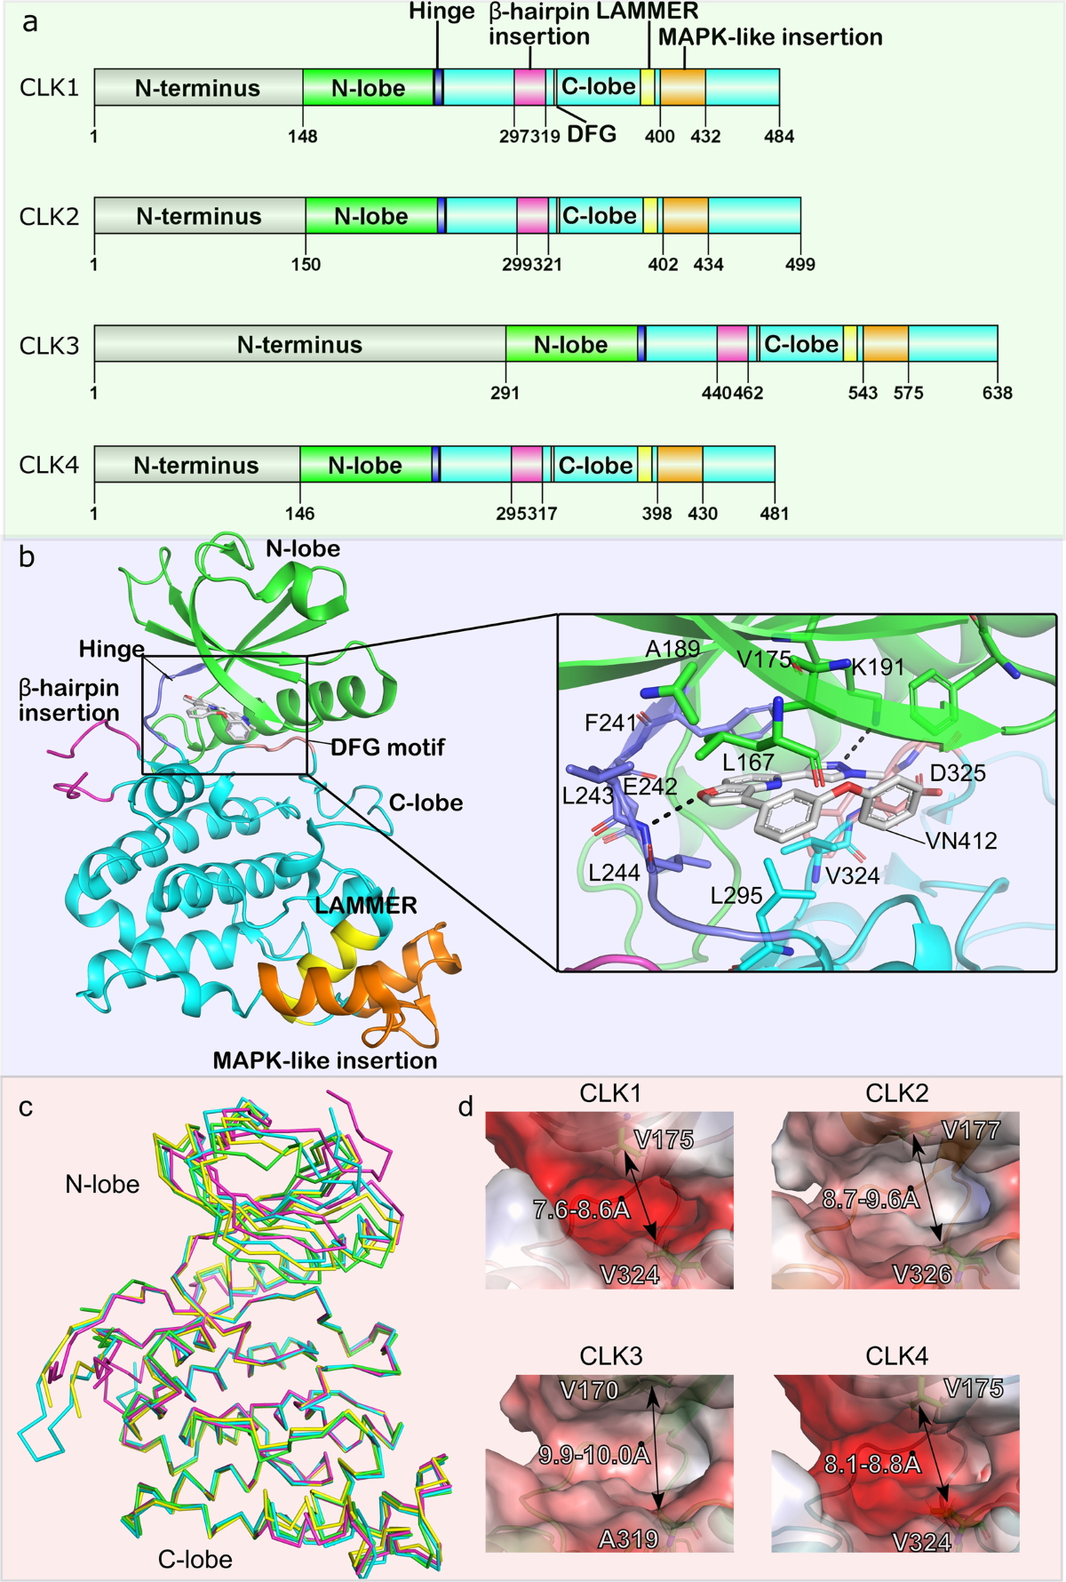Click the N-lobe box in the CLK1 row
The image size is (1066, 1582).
368,88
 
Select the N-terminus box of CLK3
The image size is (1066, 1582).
299,344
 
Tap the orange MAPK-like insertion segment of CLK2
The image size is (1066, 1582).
686,216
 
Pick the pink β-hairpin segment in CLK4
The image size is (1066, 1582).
527,465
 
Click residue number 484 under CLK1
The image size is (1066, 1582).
779,137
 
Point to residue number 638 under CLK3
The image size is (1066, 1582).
997,393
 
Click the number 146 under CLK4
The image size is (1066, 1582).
300,514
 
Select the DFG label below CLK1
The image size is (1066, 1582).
591,134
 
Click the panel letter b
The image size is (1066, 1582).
27,558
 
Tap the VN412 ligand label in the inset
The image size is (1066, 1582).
961,841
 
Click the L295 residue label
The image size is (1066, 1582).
736,895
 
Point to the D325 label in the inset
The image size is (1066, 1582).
958,773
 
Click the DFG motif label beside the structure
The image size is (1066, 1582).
387,747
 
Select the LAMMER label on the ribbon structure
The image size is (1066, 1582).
366,906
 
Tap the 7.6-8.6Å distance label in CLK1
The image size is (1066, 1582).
581,1209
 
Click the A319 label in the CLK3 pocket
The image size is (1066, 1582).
629,1538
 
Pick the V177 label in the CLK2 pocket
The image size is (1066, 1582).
971,1131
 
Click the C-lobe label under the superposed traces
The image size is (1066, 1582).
195,1559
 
